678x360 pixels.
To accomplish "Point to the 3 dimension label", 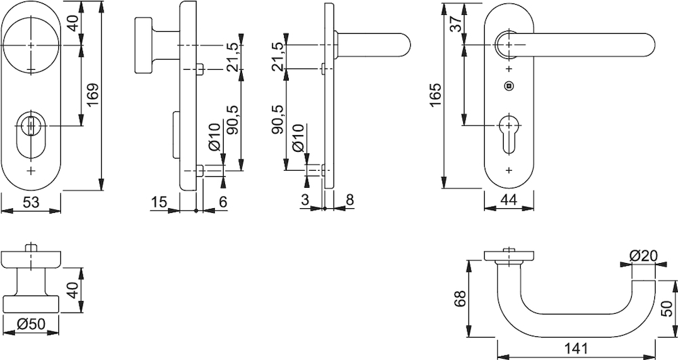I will pos(304,200).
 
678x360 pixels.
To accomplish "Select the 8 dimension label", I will pos(348,200).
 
